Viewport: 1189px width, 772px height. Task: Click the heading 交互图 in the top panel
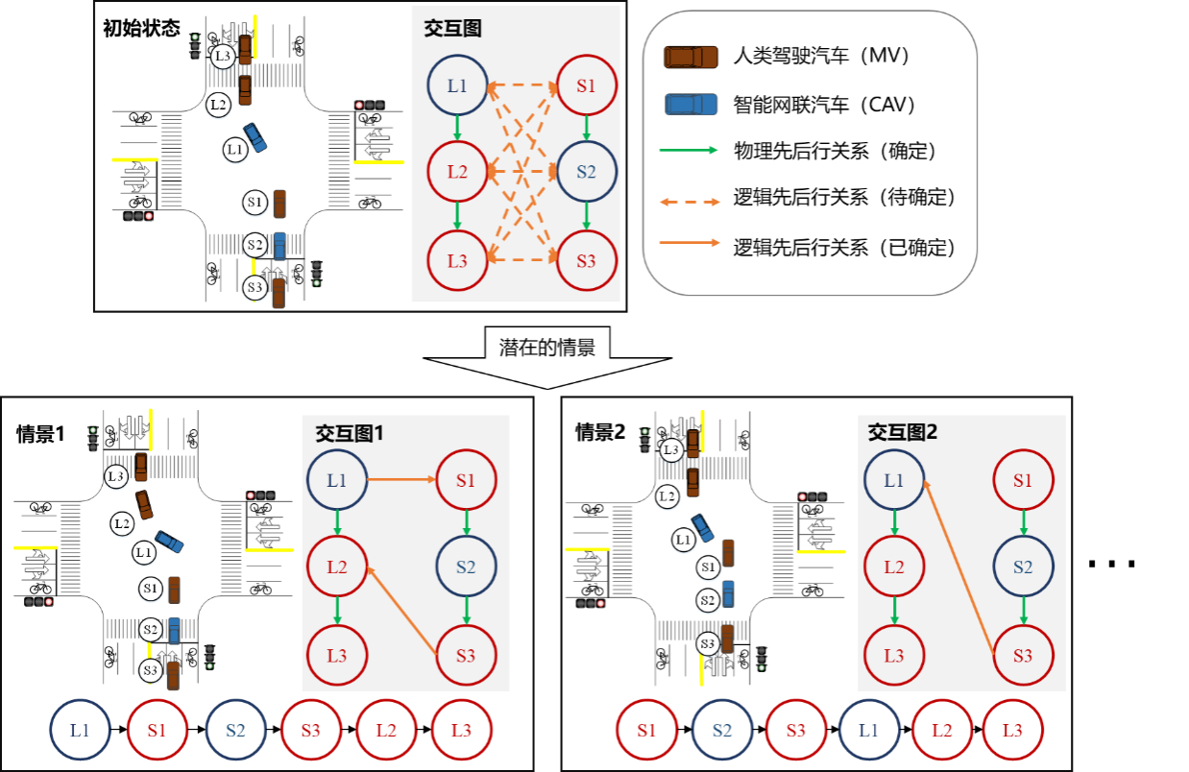click(x=452, y=29)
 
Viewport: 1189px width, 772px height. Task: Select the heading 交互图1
click(x=350, y=433)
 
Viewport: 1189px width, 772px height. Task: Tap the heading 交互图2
click(x=903, y=432)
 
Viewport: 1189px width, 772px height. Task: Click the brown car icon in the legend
click(x=691, y=58)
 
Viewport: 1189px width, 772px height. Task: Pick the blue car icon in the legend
click(x=691, y=104)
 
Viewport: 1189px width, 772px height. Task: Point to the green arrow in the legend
click(x=689, y=150)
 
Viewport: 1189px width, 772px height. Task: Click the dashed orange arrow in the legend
click(x=689, y=202)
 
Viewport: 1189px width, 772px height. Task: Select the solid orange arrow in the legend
click(x=689, y=243)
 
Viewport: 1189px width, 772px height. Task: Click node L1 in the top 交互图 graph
click(x=457, y=86)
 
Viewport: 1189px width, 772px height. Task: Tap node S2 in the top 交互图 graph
click(x=586, y=173)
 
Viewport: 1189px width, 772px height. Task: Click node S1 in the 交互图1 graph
click(x=466, y=480)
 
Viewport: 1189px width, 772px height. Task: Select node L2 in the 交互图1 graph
click(x=336, y=567)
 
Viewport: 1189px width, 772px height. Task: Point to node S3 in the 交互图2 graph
click(x=1023, y=656)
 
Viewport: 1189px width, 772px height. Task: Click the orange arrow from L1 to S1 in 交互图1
click(x=401, y=479)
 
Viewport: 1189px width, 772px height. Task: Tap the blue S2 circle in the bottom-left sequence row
click(x=234, y=731)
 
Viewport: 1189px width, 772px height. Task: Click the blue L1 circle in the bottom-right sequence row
click(x=868, y=731)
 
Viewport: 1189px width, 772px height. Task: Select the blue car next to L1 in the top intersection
click(x=255, y=138)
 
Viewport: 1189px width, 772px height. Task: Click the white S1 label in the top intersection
click(x=255, y=203)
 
